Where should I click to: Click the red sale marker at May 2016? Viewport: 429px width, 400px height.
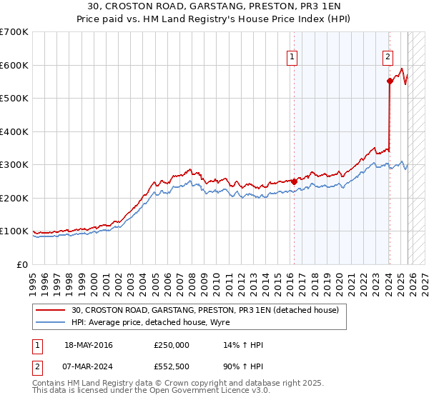[x=294, y=181]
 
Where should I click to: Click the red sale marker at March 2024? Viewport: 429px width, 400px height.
[x=390, y=81]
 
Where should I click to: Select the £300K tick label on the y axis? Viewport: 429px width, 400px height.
[x=14, y=165]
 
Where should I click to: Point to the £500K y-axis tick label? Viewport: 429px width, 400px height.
[x=14, y=99]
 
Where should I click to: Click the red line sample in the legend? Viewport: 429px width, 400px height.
[x=51, y=310]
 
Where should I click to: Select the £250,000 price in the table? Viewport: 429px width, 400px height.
[x=172, y=345]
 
